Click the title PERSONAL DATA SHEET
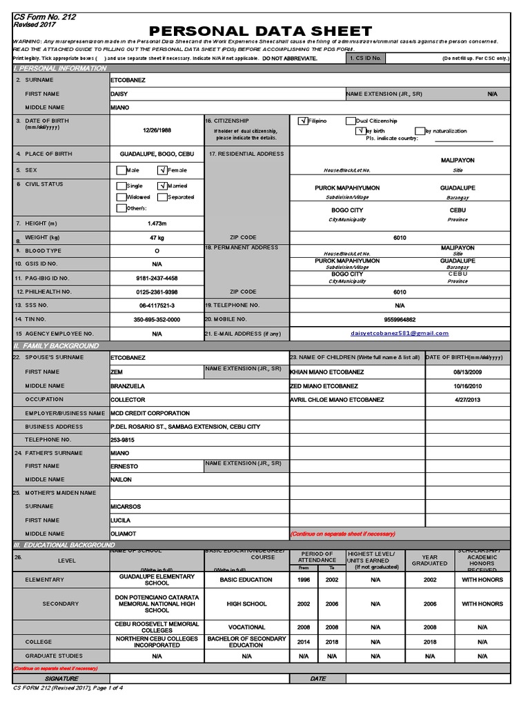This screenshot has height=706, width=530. (x=260, y=31)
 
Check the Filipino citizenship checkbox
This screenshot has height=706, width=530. (x=303, y=121)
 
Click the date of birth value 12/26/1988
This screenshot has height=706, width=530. (x=157, y=129)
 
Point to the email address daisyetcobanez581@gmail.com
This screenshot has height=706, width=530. (x=400, y=333)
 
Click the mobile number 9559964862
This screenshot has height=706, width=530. (x=400, y=319)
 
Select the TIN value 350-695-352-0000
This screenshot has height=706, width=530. (x=157, y=319)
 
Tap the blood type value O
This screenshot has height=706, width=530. (x=157, y=251)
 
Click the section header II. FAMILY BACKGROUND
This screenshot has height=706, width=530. (x=57, y=345)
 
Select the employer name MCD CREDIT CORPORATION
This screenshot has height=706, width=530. (x=150, y=413)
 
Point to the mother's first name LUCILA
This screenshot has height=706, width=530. (x=121, y=521)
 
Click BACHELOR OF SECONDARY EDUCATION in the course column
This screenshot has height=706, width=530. (x=246, y=642)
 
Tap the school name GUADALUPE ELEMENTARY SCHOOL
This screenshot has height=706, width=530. (x=157, y=579)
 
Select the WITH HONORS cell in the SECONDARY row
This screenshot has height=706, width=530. (x=482, y=604)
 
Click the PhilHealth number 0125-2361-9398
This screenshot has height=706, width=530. (x=157, y=292)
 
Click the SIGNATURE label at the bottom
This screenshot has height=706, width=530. (x=61, y=679)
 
